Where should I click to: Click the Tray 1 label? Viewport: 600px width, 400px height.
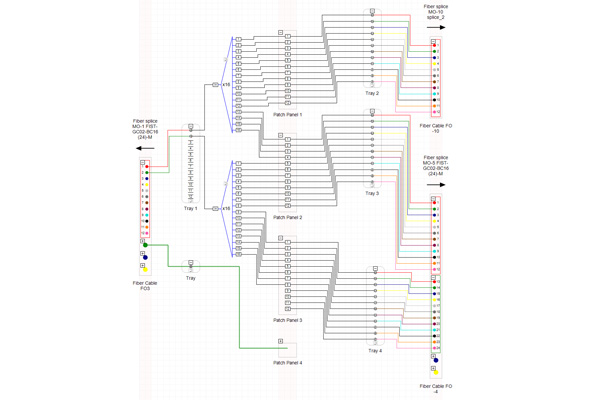(x=190, y=208)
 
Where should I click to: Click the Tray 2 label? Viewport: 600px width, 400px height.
(x=371, y=93)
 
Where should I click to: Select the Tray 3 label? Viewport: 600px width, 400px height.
(x=372, y=193)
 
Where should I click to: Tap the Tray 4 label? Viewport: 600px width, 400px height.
(x=375, y=351)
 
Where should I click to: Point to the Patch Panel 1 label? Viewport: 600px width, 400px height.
(x=287, y=115)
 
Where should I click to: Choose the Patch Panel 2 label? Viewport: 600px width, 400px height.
(x=287, y=217)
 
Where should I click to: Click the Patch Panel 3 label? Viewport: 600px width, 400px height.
(x=287, y=320)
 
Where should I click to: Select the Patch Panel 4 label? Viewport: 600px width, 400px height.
(x=287, y=362)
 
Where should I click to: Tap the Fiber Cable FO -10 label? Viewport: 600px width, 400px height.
(x=435, y=129)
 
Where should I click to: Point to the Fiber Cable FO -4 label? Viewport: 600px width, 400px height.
(x=435, y=388)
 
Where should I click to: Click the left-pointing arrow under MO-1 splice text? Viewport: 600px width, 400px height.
(x=146, y=147)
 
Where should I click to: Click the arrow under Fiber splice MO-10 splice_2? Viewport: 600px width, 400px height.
(x=435, y=28)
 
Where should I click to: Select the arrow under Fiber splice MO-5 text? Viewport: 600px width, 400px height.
(x=435, y=185)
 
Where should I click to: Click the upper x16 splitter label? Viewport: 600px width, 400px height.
(x=226, y=85)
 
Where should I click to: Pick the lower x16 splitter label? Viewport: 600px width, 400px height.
(x=226, y=209)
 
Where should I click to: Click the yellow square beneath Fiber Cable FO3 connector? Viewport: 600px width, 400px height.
(x=145, y=270)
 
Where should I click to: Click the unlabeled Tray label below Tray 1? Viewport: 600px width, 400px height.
(x=190, y=278)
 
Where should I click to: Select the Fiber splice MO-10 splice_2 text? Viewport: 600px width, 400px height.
(x=435, y=11)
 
